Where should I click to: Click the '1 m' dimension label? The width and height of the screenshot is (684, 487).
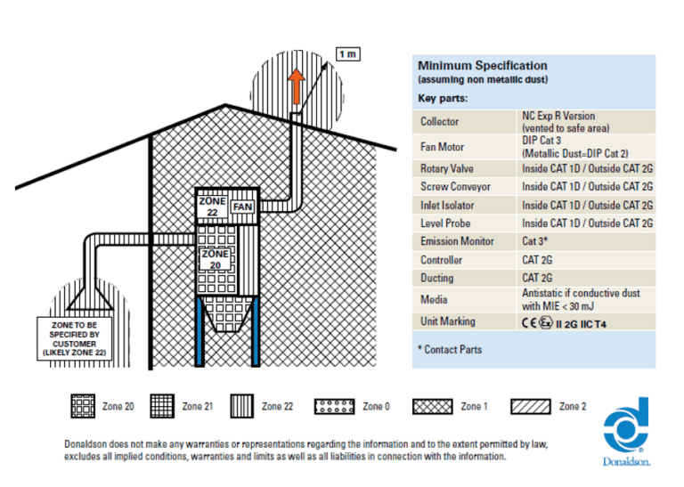[x=347, y=54]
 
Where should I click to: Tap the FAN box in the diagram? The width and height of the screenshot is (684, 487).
[x=243, y=207]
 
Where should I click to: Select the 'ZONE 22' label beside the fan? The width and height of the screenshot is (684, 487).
[x=212, y=207]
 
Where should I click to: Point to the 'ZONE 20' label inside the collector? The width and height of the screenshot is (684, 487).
[x=215, y=258]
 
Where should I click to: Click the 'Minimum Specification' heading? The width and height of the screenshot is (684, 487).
[x=482, y=66]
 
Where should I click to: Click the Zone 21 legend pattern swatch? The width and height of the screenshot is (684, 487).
[x=161, y=407]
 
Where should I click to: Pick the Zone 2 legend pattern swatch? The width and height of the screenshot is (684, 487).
[x=531, y=407]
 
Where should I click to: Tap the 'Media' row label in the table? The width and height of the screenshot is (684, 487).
[x=434, y=299]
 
